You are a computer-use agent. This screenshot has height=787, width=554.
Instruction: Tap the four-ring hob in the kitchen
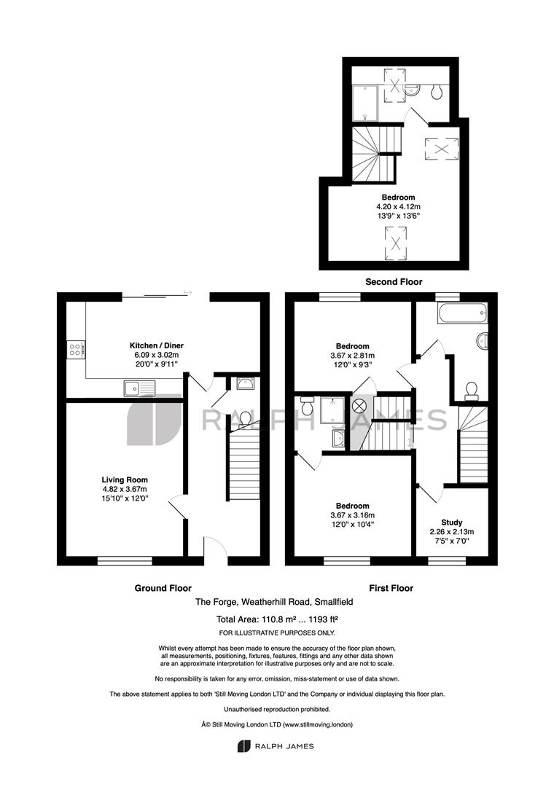click(x=76, y=350)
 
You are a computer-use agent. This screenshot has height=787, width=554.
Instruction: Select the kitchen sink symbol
click(x=138, y=388)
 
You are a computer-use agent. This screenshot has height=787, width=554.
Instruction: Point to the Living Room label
click(x=125, y=480)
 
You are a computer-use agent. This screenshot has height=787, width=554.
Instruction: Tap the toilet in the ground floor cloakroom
click(x=246, y=418)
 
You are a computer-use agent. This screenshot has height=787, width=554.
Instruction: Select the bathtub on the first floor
click(x=460, y=316)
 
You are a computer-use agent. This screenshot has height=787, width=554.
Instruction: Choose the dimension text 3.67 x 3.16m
click(x=352, y=515)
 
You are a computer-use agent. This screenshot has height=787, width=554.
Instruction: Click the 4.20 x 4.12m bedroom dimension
click(x=398, y=206)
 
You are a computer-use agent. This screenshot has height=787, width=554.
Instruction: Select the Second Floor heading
click(x=394, y=281)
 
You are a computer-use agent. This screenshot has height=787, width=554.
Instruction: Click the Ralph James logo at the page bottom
click(x=276, y=745)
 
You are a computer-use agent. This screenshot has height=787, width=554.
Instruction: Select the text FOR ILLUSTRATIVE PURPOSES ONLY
click(x=276, y=633)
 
